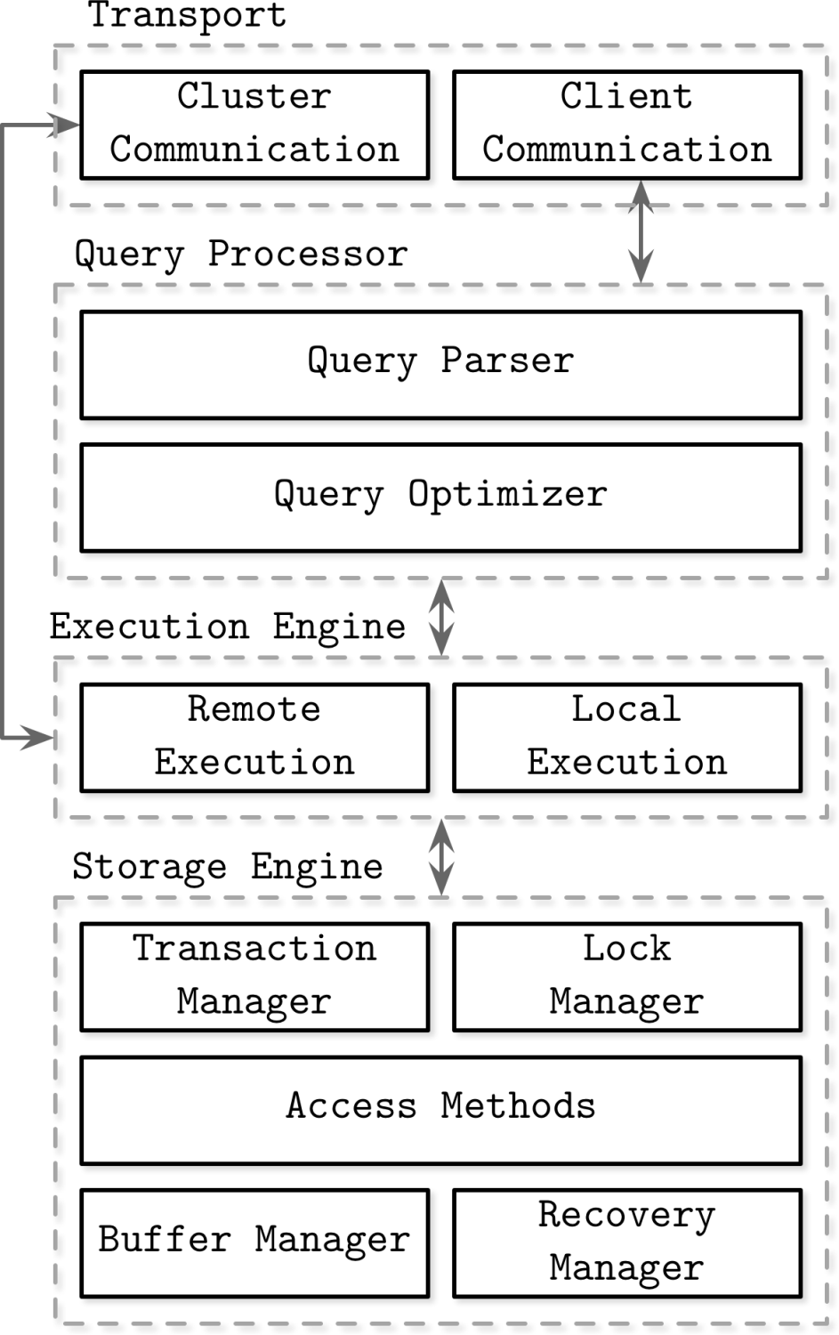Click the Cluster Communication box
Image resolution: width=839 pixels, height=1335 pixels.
254,125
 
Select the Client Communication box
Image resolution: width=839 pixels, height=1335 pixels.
626,125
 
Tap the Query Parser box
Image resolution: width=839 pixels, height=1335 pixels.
440,364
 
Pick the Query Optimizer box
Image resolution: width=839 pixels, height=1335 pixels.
440,498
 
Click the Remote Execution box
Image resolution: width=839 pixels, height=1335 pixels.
254,737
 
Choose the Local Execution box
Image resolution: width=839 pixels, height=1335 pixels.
626,737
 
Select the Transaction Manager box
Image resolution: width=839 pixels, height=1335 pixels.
254,976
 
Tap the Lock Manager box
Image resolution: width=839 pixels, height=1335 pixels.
626,976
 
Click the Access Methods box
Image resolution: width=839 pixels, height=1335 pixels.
440,1110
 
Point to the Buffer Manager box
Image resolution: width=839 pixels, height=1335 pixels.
254,1242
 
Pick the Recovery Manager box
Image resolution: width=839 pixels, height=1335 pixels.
626,1242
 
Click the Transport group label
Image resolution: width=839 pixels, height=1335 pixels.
187,16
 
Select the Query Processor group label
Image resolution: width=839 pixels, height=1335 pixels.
241,255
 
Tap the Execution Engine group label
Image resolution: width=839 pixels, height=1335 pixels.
228,627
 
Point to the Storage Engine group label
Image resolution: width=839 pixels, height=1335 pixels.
228,867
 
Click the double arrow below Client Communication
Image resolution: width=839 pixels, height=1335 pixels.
641,231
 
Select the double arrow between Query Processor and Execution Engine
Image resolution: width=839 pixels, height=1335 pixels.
441,617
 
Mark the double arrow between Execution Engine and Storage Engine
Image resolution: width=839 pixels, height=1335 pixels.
441,857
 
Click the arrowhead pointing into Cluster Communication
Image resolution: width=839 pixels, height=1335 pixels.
66,126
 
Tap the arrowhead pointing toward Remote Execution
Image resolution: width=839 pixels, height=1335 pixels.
39,737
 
